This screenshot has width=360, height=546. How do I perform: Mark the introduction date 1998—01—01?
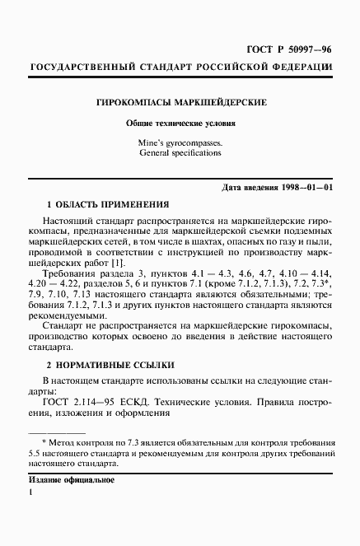tap(305, 189)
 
